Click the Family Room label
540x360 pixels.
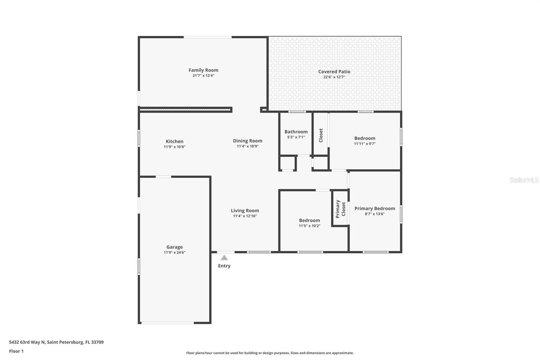click(203, 70)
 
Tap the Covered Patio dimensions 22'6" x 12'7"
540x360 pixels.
click(334, 77)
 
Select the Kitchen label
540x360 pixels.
click(174, 142)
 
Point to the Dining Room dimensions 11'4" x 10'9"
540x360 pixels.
click(247, 146)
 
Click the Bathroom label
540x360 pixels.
click(296, 132)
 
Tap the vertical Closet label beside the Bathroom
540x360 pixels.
click(321, 135)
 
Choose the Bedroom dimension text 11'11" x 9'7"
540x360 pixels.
click(364, 144)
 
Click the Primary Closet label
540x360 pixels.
click(340, 209)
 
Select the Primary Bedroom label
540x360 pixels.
click(375, 208)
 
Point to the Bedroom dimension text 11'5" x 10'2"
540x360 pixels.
click(309, 226)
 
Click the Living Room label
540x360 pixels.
click(245, 210)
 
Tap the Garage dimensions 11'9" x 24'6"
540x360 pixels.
click(174, 252)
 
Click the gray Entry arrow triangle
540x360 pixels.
click(224, 258)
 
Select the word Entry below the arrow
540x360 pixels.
click(224, 266)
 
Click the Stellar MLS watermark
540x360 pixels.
click(524, 180)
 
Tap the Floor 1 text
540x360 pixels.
click(16, 351)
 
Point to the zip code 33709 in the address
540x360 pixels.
click(97, 342)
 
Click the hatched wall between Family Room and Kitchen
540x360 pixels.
click(186, 109)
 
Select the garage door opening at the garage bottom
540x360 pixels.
click(167, 323)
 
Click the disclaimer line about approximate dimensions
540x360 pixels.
click(270, 353)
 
